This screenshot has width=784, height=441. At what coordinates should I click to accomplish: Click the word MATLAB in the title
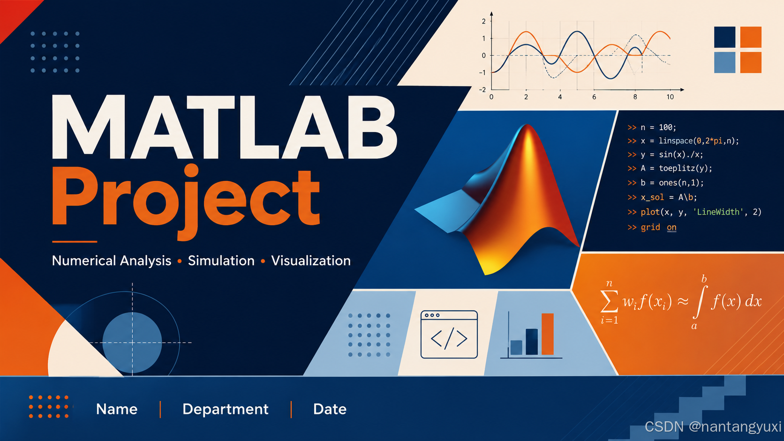[x=224, y=127]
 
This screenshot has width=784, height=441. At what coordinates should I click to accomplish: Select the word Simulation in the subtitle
[x=221, y=261]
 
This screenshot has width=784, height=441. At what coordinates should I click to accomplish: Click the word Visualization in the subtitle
[x=311, y=261]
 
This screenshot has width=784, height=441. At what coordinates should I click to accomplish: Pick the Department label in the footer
[x=226, y=409]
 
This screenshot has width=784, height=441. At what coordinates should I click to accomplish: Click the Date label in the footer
[x=330, y=409]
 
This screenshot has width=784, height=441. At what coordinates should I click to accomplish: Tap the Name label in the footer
[x=117, y=409]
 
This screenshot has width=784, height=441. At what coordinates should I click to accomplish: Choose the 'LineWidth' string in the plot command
[x=718, y=212]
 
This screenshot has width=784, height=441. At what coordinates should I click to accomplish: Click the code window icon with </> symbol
[x=449, y=334]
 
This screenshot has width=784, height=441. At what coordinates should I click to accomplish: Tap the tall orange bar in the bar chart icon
[x=547, y=334]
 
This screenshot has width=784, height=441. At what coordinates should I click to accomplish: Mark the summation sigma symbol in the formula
[x=610, y=301]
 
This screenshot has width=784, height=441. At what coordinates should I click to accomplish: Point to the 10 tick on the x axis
[x=670, y=97]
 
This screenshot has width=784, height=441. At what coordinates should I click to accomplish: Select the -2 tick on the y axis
[x=482, y=90]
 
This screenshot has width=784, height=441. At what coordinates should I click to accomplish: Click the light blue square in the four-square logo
[x=724, y=62]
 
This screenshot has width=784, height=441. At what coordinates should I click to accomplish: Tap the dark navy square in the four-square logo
[x=724, y=37]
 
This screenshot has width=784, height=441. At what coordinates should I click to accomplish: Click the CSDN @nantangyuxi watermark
[x=713, y=426]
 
